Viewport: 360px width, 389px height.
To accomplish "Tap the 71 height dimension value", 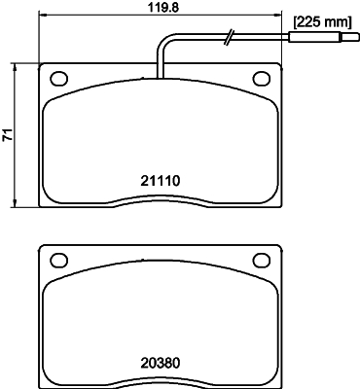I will coord(9,136).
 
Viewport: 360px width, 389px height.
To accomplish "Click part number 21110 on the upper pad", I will coord(162,180).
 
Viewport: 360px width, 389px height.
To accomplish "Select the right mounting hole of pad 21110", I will coord(261,79).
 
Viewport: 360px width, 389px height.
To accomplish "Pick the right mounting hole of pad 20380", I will coord(261,259).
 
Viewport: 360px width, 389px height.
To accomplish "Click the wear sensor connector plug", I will coord(315,39).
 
